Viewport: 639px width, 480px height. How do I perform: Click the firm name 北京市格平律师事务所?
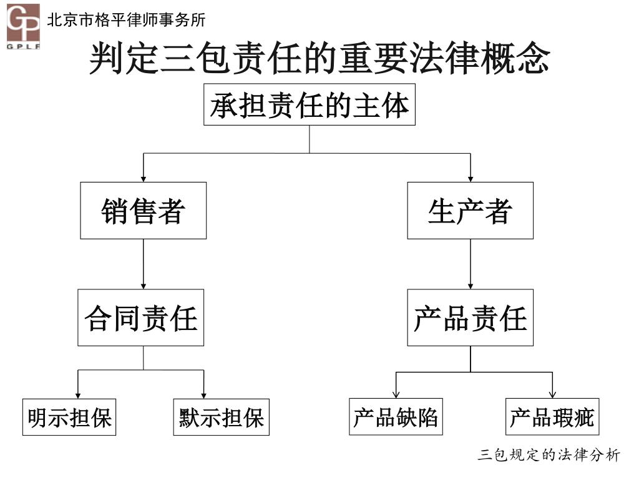click(x=126, y=20)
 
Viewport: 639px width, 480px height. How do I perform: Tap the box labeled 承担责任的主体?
click(x=310, y=107)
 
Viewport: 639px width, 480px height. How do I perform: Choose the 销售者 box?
click(x=143, y=211)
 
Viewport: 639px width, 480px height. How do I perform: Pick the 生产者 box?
click(x=470, y=211)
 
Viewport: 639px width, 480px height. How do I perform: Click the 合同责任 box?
click(x=141, y=317)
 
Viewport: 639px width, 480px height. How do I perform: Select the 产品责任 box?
click(x=470, y=317)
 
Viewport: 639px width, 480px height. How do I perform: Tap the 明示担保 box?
click(x=69, y=417)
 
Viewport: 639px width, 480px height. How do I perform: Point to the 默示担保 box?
click(x=221, y=417)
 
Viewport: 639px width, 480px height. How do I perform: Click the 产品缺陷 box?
click(x=396, y=417)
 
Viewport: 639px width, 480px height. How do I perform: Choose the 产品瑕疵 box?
click(x=552, y=417)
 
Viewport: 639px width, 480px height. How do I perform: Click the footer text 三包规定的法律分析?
click(x=549, y=455)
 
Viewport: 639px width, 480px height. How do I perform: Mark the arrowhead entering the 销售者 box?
click(x=144, y=179)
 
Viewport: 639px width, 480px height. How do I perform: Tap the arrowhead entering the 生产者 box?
click(x=471, y=179)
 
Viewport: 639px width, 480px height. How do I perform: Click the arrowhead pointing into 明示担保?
click(x=78, y=394)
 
